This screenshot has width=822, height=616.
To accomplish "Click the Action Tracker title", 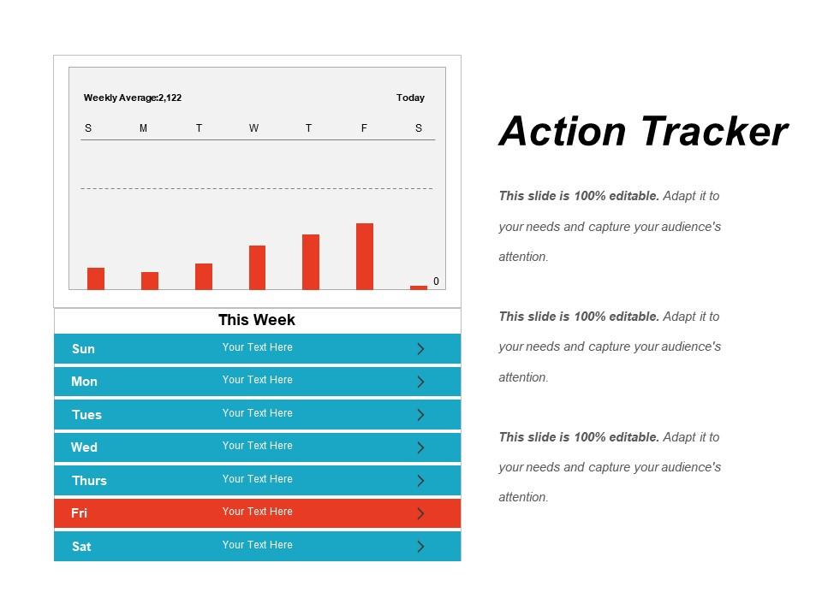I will tap(643, 132).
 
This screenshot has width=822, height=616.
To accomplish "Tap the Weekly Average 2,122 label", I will tap(133, 98).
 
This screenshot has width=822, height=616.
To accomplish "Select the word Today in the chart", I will tap(410, 98).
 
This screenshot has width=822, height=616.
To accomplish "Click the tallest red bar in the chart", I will tap(365, 256).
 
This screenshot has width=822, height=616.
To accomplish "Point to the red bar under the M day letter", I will tap(150, 281).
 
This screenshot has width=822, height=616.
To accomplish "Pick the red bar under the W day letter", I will tap(257, 267).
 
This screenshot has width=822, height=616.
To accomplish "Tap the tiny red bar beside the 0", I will tap(419, 287).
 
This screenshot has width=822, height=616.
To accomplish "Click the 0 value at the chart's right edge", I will tap(436, 281).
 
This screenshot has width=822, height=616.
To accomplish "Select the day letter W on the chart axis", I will tap(253, 128).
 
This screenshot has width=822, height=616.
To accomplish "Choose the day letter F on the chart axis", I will tap(364, 128).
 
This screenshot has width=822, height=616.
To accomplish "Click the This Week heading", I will tap(257, 320).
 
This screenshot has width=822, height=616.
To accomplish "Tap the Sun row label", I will tap(83, 349).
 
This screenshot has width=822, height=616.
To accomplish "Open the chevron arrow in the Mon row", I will tap(420, 382).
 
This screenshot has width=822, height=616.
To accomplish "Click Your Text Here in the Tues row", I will tap(258, 413).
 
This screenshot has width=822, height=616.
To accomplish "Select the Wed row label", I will tap(84, 447).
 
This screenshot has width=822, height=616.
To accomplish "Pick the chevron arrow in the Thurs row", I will tap(420, 481).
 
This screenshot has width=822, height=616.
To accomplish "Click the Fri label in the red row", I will tap(80, 513).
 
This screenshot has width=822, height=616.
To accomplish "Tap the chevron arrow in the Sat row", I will tap(420, 547).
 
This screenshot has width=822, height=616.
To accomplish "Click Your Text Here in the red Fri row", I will tap(258, 512).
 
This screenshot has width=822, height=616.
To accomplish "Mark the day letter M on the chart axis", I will tap(143, 128).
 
